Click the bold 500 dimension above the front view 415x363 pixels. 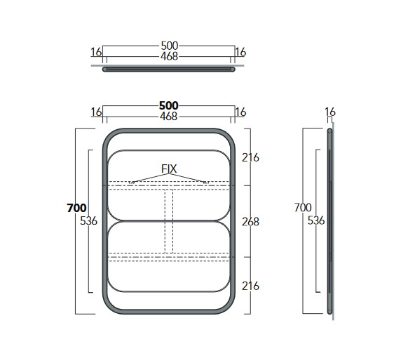(168, 105)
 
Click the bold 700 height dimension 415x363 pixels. (76, 208)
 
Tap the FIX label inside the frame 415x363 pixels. (169, 169)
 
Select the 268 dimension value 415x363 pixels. (250, 222)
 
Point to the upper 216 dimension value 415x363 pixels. (250, 158)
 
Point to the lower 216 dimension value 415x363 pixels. (250, 286)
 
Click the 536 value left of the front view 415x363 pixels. (88, 220)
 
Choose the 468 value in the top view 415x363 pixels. (170, 56)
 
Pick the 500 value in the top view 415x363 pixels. (170, 46)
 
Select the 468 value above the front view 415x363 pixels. (168, 116)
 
